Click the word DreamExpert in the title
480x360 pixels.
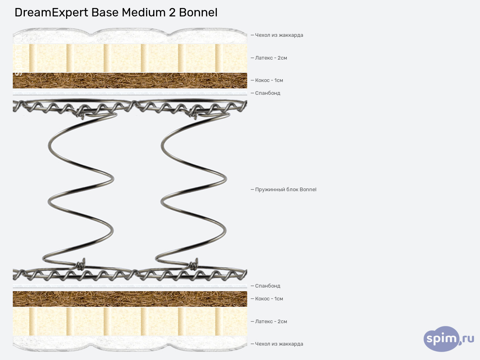[x=51, y=13]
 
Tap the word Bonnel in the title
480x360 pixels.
[x=198, y=13]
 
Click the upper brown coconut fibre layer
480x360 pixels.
[x=130, y=80]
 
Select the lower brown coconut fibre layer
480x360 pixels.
[x=130, y=299]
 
